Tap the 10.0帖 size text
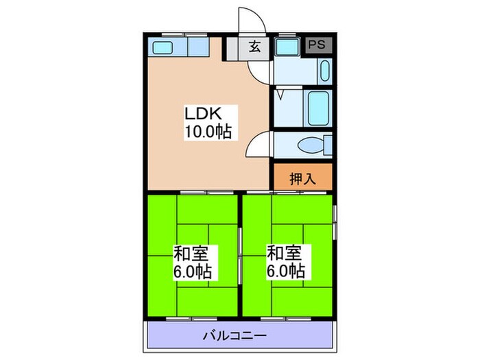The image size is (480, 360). coord(206,131)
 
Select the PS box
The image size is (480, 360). coord(317,45)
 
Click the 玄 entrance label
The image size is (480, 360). coord(254,47)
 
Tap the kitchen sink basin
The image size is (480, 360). coord(163,47)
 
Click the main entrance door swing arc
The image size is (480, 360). coord(248,19)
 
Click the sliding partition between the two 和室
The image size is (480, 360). coord(240,254)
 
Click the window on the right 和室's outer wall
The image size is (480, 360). coord(335,223)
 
